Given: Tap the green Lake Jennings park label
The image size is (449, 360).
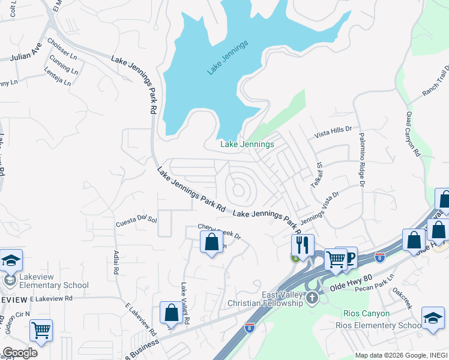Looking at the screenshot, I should [x=247, y=144].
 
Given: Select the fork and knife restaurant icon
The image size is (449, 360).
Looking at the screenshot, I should [x=302, y=244].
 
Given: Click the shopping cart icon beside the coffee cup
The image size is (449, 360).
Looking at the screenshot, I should [x=336, y=259].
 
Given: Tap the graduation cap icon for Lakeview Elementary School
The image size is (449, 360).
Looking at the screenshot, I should [x=11, y=260].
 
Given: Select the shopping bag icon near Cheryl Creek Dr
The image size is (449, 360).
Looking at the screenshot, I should [x=211, y=242].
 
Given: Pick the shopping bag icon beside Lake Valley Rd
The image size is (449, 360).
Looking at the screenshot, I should [x=171, y=312].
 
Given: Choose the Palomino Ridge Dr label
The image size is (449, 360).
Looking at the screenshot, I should [x=362, y=160].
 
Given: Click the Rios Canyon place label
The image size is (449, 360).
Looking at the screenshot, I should [x=366, y=313].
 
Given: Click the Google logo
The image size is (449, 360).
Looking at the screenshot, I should [x=20, y=352].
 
